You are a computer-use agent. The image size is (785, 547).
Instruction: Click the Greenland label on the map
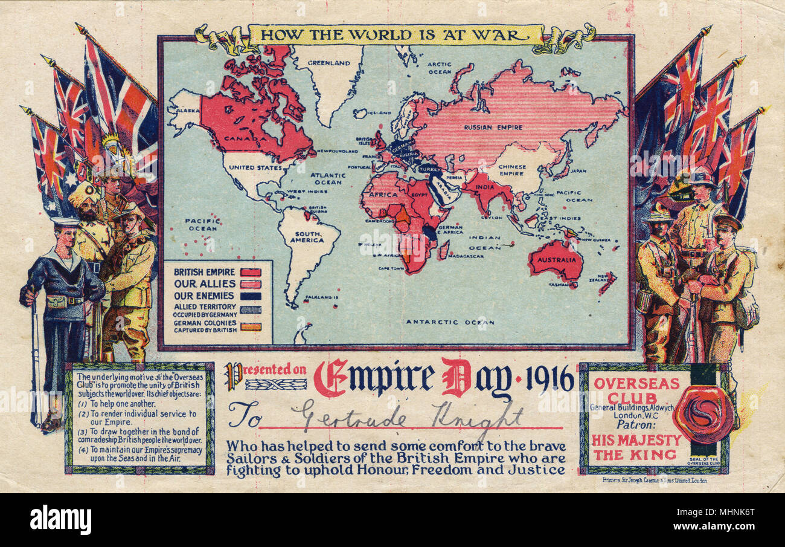click(329, 62)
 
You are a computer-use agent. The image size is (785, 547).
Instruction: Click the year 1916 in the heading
click(549, 380)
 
